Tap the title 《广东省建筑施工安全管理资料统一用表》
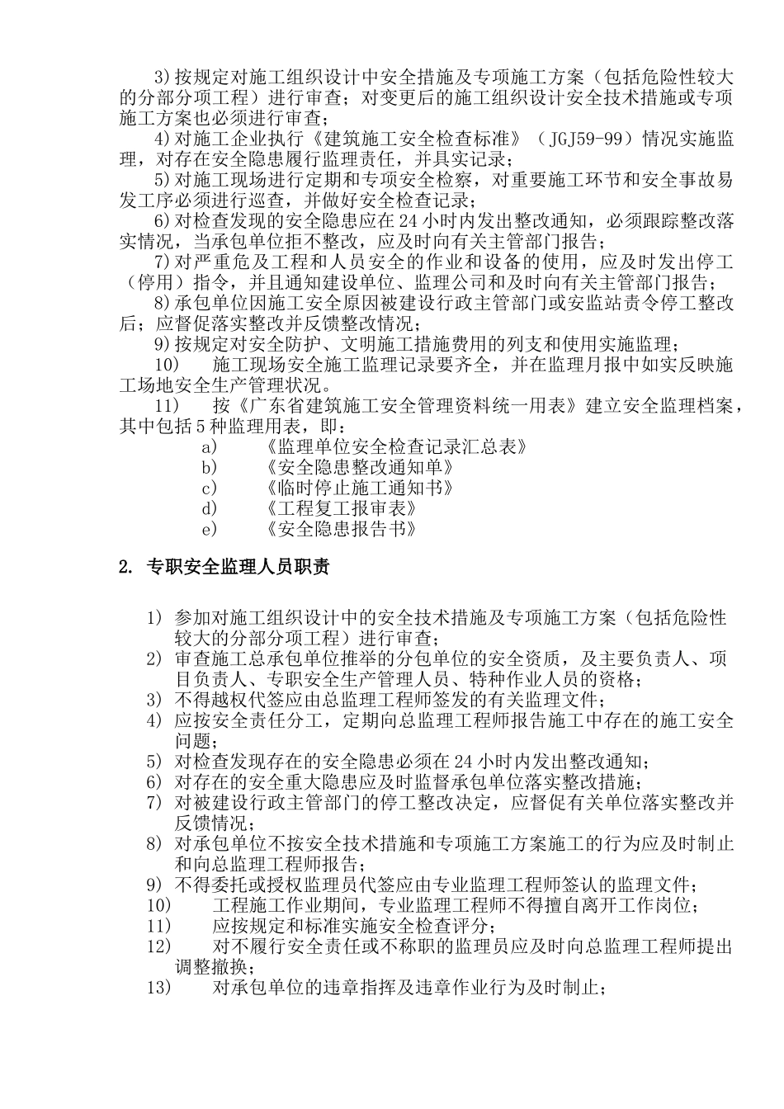point(405,406)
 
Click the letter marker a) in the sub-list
point(210,447)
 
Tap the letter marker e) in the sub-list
point(210,529)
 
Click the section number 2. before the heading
point(125,568)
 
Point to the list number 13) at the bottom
point(158,987)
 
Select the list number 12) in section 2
point(158,946)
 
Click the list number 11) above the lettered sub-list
point(168,406)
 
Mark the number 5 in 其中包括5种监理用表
point(199,427)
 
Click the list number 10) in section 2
point(158,905)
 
